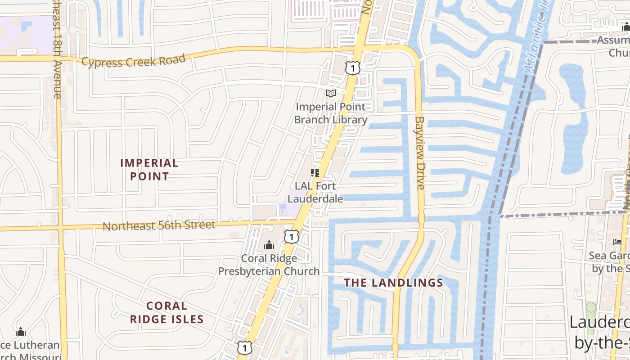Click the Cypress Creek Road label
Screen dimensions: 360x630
click(133, 60)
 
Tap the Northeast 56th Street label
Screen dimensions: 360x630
click(159, 225)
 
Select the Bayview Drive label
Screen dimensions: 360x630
click(420, 153)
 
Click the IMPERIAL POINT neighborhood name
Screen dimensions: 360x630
click(149, 169)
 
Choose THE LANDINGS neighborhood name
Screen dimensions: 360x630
click(394, 283)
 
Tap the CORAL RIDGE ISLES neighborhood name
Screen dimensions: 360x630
click(167, 312)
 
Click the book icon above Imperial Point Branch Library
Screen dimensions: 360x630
click(331, 93)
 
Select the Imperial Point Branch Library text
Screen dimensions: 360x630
click(331, 113)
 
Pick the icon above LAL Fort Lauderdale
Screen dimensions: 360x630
click(315, 173)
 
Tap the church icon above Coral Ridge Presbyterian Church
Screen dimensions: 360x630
click(269, 245)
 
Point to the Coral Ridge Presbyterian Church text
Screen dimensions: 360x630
click(269, 265)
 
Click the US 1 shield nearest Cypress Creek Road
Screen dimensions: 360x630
click(353, 68)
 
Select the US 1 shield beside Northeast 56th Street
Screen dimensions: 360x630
click(292, 236)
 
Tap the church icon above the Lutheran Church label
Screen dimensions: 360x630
click(21, 332)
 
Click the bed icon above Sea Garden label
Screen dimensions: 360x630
click(617, 242)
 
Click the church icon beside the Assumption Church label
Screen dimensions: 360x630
click(625, 27)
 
